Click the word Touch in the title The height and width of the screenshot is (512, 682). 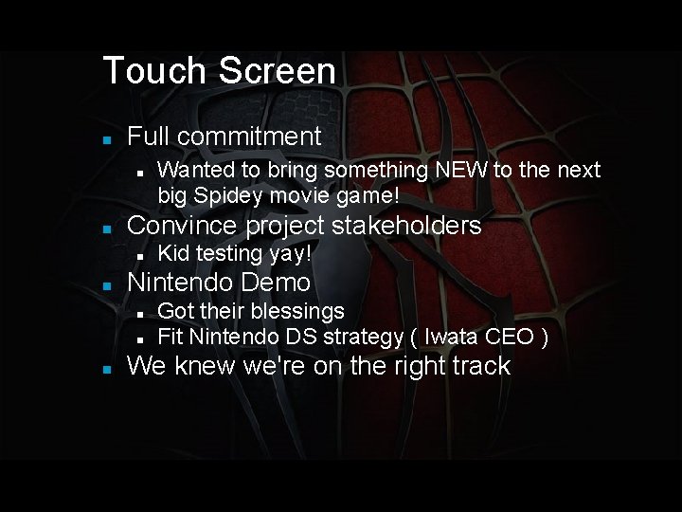point(154,71)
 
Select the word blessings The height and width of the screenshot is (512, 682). point(297,311)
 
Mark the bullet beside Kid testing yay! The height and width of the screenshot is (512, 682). point(139,255)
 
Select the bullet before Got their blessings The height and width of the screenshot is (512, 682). point(139,312)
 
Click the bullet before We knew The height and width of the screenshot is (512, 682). point(108,368)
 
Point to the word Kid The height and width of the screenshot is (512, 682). point(173,254)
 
